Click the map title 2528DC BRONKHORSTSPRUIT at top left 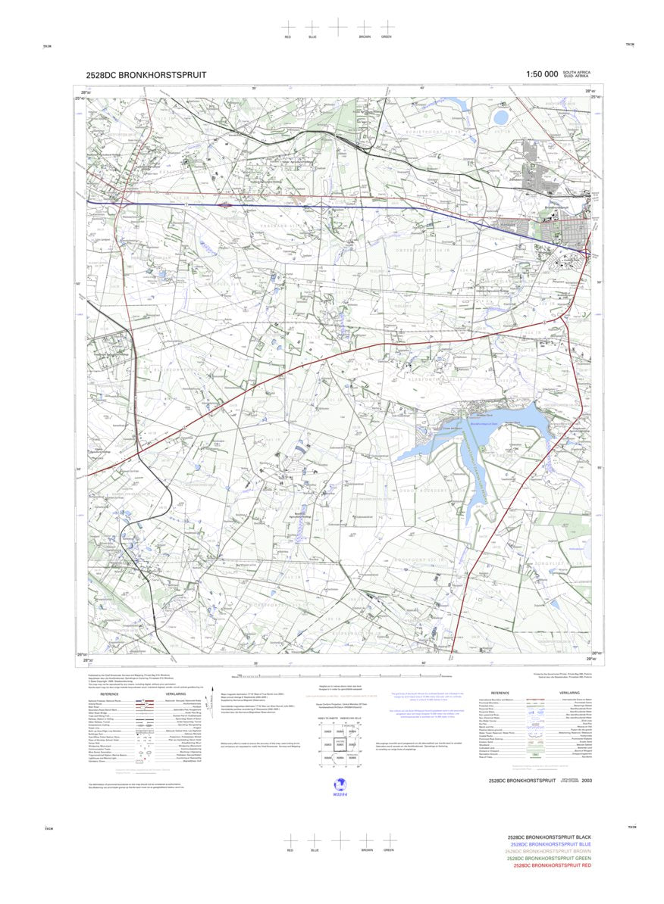point(146,75)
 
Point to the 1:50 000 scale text point(536,74)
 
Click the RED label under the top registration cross point(288,37)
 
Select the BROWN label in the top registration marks point(365,37)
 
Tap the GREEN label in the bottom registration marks point(388,849)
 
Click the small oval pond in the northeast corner point(501,117)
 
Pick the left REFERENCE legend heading point(109,694)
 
